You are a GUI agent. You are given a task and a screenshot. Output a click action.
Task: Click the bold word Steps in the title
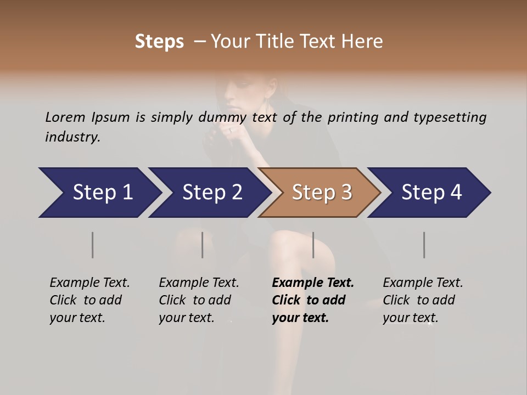(x=159, y=42)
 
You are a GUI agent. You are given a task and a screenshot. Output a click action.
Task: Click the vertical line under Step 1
(x=92, y=245)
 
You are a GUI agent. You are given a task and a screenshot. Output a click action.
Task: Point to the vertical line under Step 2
(x=203, y=245)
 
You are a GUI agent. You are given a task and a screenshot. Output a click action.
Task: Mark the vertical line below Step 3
(x=313, y=245)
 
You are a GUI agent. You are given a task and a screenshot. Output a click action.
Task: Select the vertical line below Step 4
(x=424, y=245)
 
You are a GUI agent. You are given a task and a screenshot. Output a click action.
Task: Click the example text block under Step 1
(x=89, y=300)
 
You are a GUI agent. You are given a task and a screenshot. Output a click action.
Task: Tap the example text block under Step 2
(x=199, y=300)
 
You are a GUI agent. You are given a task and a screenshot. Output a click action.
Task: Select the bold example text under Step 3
(x=313, y=300)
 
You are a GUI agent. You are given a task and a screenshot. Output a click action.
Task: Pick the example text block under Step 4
(x=423, y=300)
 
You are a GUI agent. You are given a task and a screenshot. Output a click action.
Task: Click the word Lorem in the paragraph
(x=65, y=117)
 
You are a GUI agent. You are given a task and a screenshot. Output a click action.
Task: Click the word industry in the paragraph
(x=72, y=137)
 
